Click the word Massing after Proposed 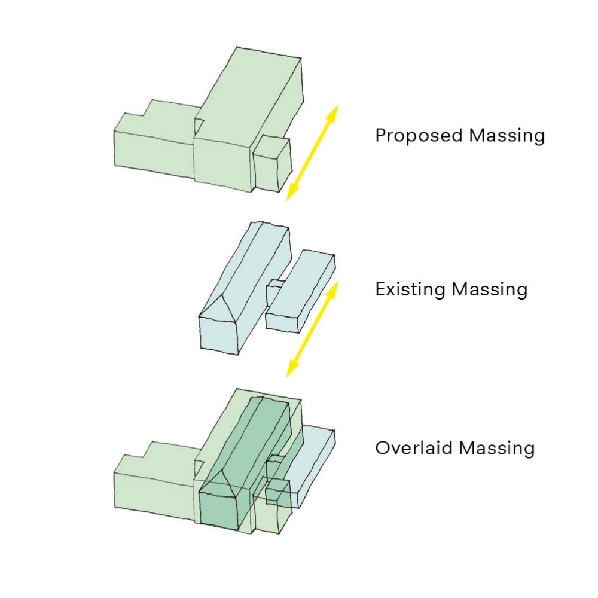507,136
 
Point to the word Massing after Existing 490,290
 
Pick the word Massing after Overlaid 498,448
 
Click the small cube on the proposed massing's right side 272,164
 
